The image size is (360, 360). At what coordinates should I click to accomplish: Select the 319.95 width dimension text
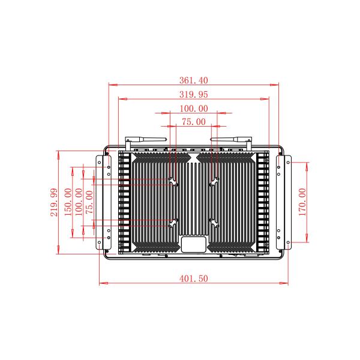[x=194, y=95]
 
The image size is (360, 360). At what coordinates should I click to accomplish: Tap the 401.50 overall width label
[x=194, y=279]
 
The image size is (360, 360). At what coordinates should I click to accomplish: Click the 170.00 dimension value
[x=302, y=202]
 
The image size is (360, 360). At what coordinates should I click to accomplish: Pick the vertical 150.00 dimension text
[x=68, y=202]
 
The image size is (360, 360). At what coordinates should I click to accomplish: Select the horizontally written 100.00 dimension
[x=194, y=109]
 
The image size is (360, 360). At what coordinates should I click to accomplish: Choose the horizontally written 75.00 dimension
[x=194, y=122]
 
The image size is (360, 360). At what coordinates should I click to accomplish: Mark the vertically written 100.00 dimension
[x=79, y=202]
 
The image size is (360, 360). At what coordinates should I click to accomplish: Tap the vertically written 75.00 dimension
[x=89, y=202]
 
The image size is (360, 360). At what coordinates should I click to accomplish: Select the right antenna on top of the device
[x=231, y=140]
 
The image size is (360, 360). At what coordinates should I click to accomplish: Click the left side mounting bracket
[x=103, y=203]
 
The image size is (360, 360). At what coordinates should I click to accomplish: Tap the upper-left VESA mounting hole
[x=173, y=181]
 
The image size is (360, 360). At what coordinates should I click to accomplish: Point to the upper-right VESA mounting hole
[x=213, y=181]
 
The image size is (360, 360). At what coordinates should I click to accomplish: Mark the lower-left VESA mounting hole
[x=173, y=223]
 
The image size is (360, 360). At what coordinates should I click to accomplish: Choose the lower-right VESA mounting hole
[x=213, y=223]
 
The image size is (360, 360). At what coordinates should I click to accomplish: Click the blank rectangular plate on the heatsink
[x=193, y=244]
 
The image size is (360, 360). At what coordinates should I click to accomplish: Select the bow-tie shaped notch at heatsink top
[x=193, y=159]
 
